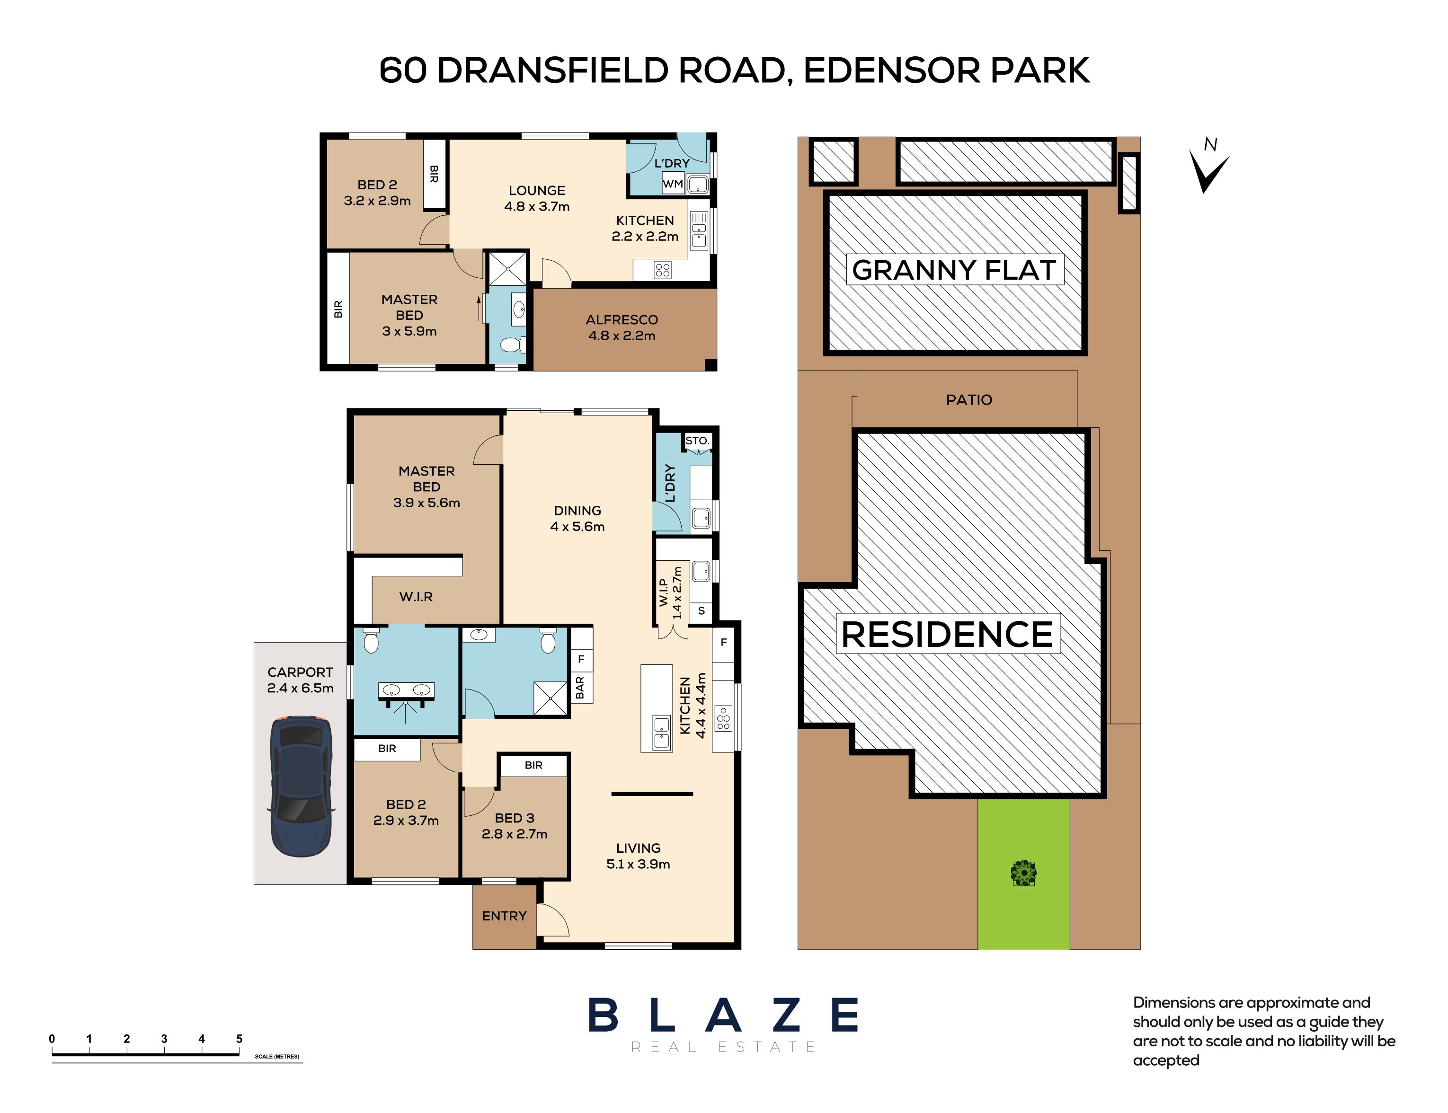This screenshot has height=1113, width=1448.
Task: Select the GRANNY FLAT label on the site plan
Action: [954, 270]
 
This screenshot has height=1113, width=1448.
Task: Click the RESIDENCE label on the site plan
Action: [947, 634]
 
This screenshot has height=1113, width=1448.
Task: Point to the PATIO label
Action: [969, 399]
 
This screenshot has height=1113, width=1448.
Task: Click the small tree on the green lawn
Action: [1023, 873]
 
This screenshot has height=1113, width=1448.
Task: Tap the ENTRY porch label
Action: [504, 916]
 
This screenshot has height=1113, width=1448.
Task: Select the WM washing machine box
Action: [673, 184]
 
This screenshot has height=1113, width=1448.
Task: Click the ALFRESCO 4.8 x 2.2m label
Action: [622, 327]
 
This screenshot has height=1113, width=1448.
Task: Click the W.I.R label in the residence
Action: [416, 596]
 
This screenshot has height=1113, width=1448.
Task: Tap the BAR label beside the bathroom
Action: [580, 688]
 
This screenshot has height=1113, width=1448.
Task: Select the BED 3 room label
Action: [514, 818]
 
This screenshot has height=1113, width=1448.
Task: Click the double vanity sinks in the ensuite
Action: [406, 691]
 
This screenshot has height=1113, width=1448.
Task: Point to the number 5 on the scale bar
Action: [239, 1039]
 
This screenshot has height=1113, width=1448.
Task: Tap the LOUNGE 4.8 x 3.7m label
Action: [537, 198]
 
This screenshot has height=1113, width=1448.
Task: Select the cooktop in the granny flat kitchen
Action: [663, 270]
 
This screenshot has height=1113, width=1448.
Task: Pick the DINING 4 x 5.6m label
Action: [577, 519]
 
